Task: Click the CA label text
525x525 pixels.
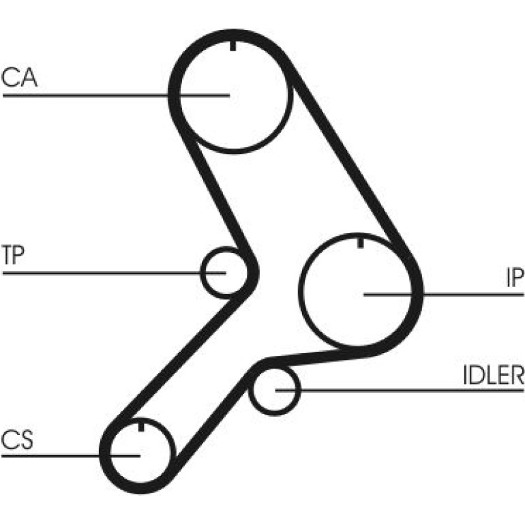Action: click(x=19, y=78)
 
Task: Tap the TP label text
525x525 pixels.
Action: click(x=13, y=255)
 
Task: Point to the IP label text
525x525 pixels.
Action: click(x=515, y=277)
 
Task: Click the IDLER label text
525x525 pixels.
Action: click(x=493, y=374)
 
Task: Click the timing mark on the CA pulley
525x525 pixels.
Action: click(x=233, y=46)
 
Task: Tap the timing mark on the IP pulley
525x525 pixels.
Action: click(x=360, y=243)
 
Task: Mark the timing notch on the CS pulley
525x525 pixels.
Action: click(x=141, y=427)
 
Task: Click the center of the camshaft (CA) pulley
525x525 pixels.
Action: click(x=233, y=95)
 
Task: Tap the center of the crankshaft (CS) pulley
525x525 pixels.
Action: click(x=140, y=455)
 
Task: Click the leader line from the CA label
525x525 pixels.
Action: click(x=116, y=95)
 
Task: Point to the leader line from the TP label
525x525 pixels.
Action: click(x=114, y=273)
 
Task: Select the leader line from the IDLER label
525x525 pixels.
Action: click(x=400, y=390)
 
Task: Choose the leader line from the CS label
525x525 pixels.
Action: click(x=71, y=455)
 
